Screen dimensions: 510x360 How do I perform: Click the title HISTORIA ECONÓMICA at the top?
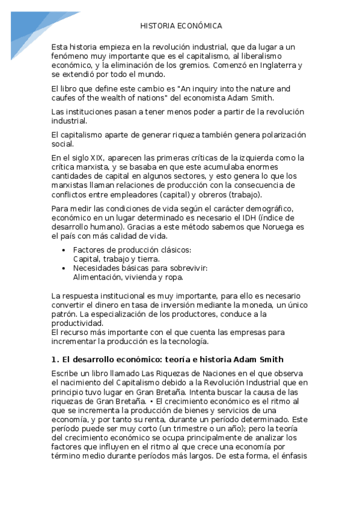click(181, 26)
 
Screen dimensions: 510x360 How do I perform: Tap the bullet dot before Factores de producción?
click(64, 250)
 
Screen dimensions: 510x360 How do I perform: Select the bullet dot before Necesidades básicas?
click(64, 268)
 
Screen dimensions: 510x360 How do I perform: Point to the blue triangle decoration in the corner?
click(24, 27)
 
